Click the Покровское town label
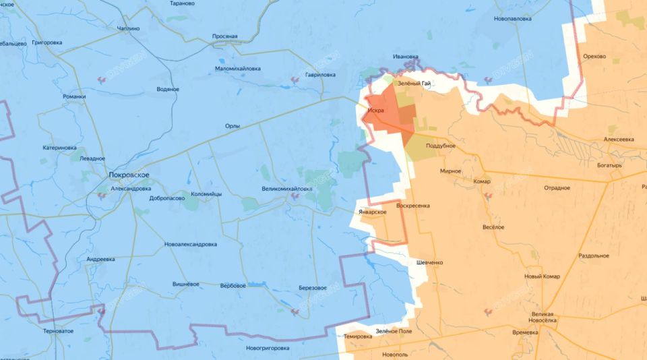pyautogui.click(x=129, y=175)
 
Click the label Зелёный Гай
pyautogui.click(x=414, y=84)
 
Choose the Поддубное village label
pyautogui.click(x=441, y=146)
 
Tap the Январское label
pyautogui.click(x=372, y=212)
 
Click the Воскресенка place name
pyautogui.click(x=413, y=205)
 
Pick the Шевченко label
pyautogui.click(x=430, y=262)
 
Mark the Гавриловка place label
pyautogui.click(x=320, y=75)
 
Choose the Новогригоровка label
pyautogui.click(x=268, y=348)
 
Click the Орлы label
pyautogui.click(x=233, y=126)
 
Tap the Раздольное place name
pyautogui.click(x=594, y=256)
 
